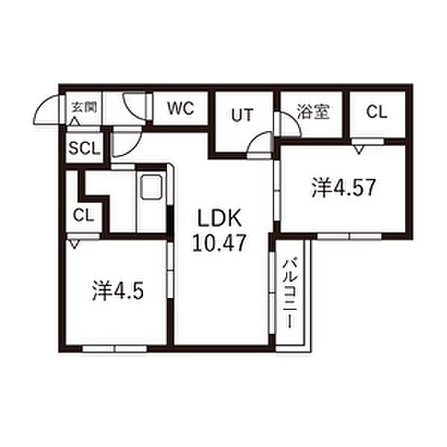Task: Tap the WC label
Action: (x=180, y=109)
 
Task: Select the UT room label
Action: (x=240, y=115)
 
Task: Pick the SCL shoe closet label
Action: (x=84, y=148)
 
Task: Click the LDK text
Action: (x=220, y=220)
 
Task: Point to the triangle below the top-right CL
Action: (x=361, y=150)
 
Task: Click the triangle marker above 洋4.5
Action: (x=74, y=243)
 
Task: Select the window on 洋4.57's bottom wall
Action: (x=349, y=235)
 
